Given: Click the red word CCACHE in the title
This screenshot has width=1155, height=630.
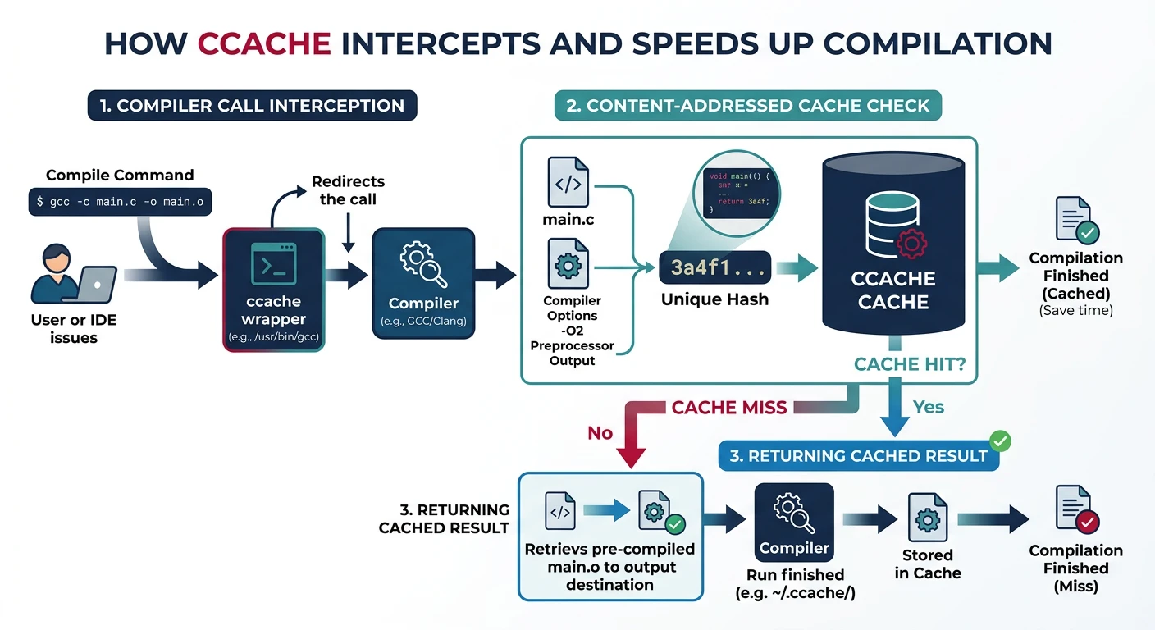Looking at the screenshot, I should click(x=264, y=43).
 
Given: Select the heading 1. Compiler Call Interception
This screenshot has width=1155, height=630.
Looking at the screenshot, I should click(x=253, y=106).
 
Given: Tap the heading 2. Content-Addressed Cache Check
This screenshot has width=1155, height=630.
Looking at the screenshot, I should click(x=747, y=106).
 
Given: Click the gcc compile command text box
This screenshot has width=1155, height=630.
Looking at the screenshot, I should click(x=120, y=202).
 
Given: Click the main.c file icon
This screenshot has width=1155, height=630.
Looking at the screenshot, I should click(x=568, y=184).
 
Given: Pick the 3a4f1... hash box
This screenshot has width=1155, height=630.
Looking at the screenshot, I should click(x=714, y=267).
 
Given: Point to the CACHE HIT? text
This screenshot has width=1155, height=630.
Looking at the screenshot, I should click(x=909, y=363).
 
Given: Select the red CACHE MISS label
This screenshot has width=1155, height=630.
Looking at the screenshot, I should click(x=728, y=407).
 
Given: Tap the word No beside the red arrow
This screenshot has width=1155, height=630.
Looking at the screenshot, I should click(x=600, y=433).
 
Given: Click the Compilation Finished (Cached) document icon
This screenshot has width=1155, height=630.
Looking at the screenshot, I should click(x=1075, y=220).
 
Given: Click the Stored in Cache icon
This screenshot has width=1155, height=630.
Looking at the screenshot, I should click(x=927, y=515).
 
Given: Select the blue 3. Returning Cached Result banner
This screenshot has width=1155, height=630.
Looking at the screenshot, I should click(x=858, y=455).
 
